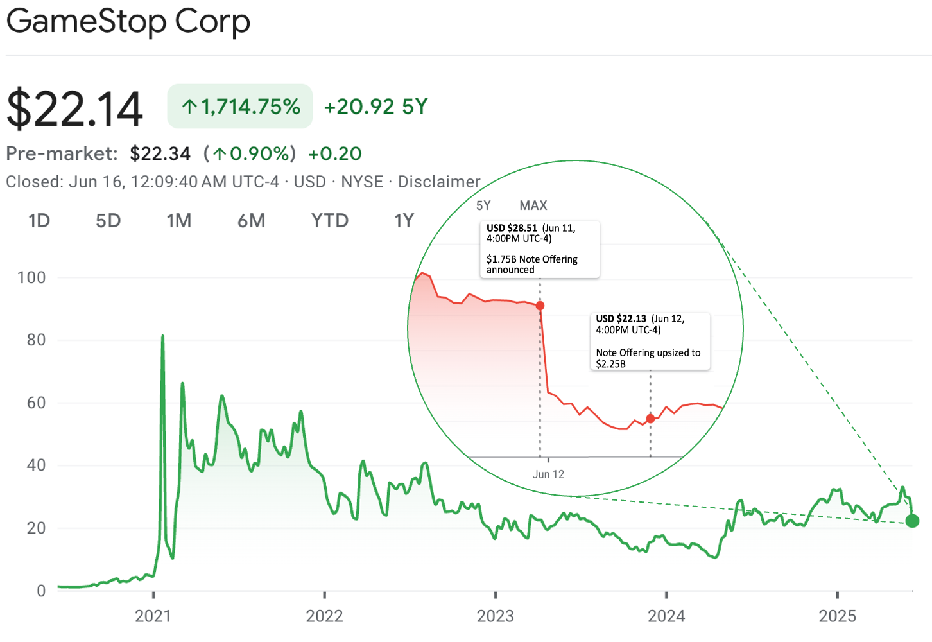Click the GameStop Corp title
click(128, 22)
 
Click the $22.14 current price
click(74, 109)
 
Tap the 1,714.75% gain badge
click(240, 107)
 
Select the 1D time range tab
click(39, 221)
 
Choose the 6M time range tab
click(251, 221)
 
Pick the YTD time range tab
click(330, 221)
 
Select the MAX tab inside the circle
click(533, 205)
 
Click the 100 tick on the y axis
click(31, 278)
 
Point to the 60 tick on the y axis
click(36, 403)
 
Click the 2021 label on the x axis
click(153, 616)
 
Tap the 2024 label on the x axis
click(666, 616)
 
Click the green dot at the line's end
click(912, 521)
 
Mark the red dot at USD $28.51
click(540, 306)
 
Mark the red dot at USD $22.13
click(650, 419)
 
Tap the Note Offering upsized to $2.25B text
click(648, 358)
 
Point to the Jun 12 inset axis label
click(548, 474)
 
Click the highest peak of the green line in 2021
click(162, 336)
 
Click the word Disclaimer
click(439, 182)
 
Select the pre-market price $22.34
click(160, 154)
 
